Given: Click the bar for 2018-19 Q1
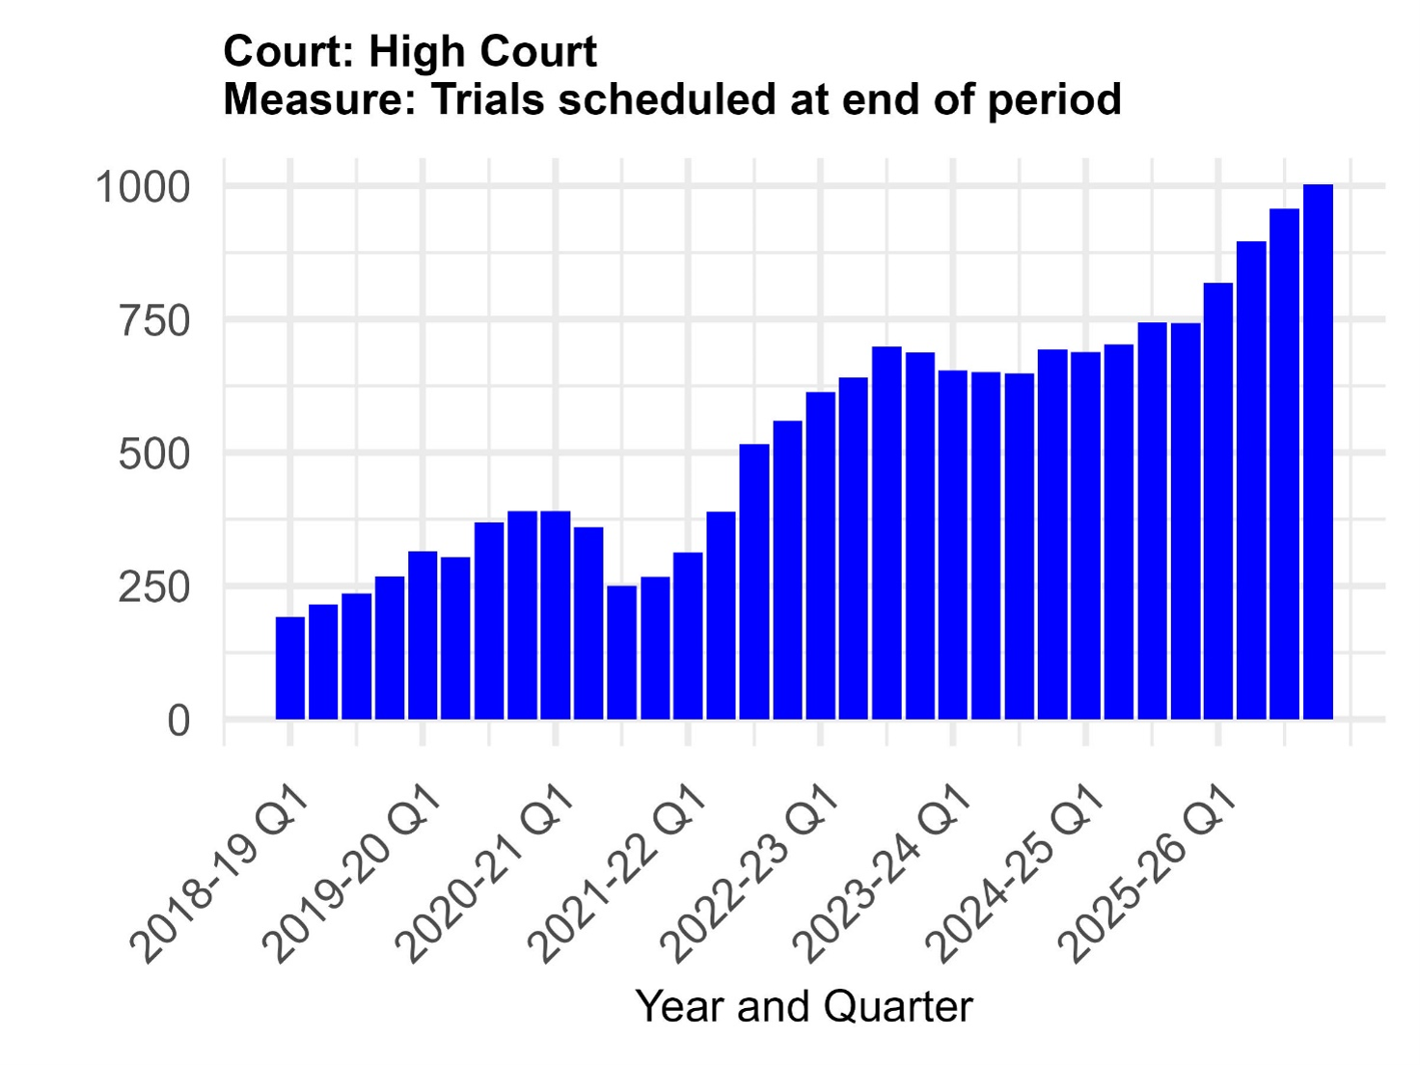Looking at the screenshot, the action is [289, 668].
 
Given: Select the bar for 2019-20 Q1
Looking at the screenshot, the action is [423, 635].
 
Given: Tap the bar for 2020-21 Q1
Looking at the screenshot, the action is [555, 614].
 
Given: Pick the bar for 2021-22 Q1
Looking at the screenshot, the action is [688, 635].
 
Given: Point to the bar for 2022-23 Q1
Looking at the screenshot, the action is [820, 555].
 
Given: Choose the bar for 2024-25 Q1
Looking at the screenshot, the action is [1085, 534].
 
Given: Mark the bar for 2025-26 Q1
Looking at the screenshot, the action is [1218, 501].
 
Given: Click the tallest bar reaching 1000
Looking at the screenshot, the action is [1318, 451].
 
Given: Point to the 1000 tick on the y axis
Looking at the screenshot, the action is [143, 187].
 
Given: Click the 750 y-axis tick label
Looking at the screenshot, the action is [154, 321].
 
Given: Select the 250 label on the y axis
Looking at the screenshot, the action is [154, 587].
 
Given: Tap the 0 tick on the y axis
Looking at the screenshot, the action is [179, 721].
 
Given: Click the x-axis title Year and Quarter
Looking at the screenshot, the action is [805, 1007].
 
